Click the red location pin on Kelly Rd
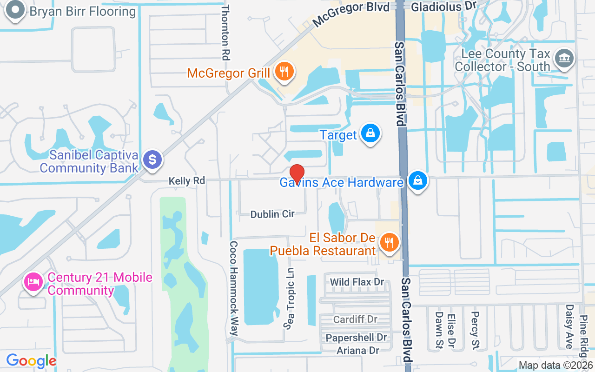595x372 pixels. pos(297,173)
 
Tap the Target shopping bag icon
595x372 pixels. pos(370,133)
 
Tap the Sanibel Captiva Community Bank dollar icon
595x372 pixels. pos(152,159)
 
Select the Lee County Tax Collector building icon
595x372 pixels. pos(565,58)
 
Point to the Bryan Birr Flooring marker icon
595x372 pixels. pos(15,10)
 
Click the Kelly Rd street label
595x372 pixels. pos(186,181)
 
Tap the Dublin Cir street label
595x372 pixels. pos(272,214)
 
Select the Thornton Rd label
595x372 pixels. pos(225,33)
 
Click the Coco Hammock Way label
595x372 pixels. pos(234,288)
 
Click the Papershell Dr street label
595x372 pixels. pos(357,337)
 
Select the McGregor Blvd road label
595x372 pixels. pos(350,14)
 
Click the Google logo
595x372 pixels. pos(31,361)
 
